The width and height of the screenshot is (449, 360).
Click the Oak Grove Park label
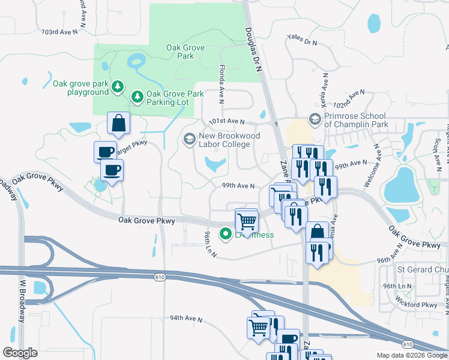pyautogui.click(x=181, y=51)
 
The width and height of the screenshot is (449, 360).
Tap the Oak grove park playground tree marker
pyautogui.click(x=118, y=88)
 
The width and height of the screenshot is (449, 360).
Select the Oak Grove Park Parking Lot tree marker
pyautogui.click(x=137, y=96)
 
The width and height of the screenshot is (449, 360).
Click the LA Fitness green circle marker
pyautogui.click(x=226, y=234)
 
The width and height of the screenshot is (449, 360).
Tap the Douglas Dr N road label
pyautogui.click(x=254, y=51)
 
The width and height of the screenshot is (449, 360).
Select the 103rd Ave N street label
pyautogui.click(x=60, y=32)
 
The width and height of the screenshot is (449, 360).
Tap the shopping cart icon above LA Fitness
pyautogui.click(x=246, y=221)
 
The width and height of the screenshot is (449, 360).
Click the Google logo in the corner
pyautogui.click(x=20, y=353)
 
